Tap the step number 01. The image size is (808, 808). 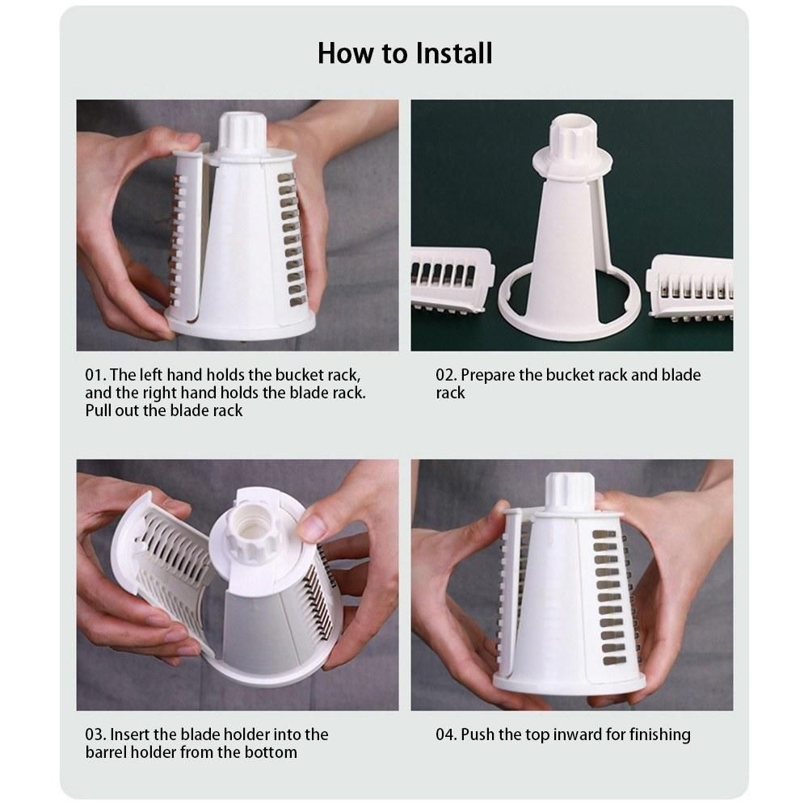(x=95, y=375)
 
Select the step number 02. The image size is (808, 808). (x=446, y=375)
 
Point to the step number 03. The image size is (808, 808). (x=96, y=734)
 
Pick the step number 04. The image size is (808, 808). (x=446, y=734)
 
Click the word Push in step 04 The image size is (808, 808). (x=478, y=734)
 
